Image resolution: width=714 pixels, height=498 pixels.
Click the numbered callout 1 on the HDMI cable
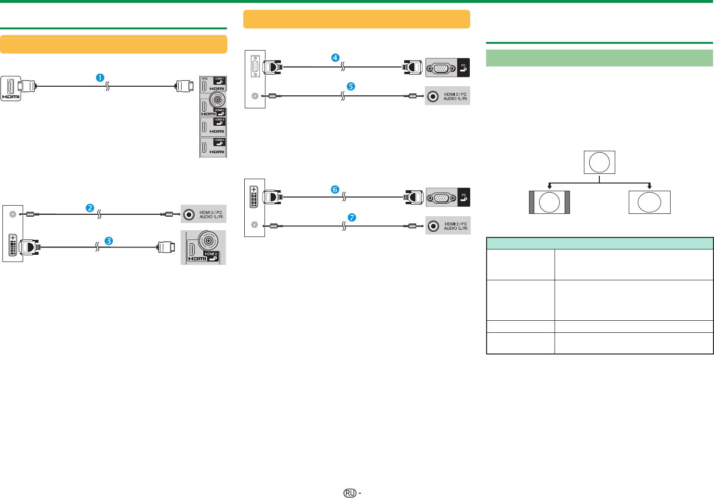click(x=101, y=78)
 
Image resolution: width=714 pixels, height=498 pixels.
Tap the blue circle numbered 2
click(x=90, y=208)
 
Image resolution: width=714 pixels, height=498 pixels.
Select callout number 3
click(x=109, y=240)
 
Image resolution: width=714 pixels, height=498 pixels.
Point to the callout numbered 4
click(x=335, y=57)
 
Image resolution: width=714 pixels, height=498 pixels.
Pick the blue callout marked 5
click(x=351, y=86)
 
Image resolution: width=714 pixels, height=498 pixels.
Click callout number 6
click(x=335, y=189)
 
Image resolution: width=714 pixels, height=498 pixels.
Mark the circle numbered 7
click(x=352, y=217)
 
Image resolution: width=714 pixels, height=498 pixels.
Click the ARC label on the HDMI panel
click(x=205, y=79)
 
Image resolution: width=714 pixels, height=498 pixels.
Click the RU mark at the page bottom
click(x=350, y=493)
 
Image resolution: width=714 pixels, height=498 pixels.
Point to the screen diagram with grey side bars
click(x=549, y=202)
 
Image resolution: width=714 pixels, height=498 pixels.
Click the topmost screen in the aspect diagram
click(x=599, y=162)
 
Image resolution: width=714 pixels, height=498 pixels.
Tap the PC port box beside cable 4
click(x=448, y=67)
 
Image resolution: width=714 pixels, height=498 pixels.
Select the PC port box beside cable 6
click(x=448, y=197)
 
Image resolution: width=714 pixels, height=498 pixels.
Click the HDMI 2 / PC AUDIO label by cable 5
click(x=455, y=96)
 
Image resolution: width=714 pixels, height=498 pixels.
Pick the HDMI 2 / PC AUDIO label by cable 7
click(x=456, y=226)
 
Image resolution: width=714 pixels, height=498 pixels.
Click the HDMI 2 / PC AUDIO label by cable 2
click(x=211, y=214)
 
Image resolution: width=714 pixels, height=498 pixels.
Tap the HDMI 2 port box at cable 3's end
click(x=203, y=248)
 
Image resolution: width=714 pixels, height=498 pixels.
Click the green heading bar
click(x=599, y=58)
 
